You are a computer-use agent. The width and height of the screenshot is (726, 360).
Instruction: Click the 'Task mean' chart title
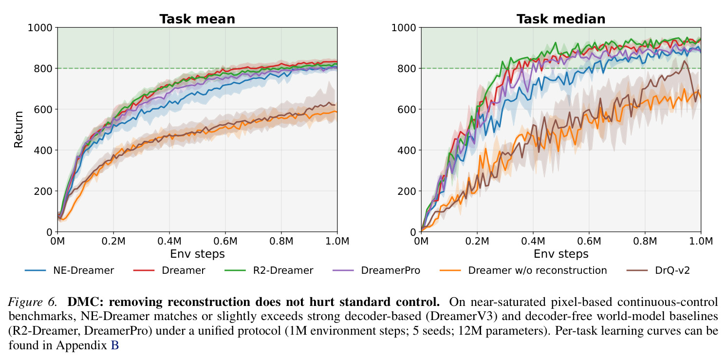click(x=197, y=19)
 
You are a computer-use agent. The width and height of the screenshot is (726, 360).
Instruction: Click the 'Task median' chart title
click(x=561, y=19)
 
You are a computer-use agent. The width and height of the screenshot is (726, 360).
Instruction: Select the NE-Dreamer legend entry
click(x=69, y=270)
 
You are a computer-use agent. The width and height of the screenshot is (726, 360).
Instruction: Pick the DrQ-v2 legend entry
click(x=658, y=270)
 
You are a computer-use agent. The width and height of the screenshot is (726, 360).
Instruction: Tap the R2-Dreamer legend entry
click(x=269, y=270)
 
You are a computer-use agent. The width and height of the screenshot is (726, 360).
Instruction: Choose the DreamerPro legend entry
click(x=376, y=270)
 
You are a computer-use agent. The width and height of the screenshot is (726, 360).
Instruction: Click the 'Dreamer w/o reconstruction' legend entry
click(x=523, y=270)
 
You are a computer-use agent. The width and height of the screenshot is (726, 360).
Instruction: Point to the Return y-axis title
click(x=19, y=130)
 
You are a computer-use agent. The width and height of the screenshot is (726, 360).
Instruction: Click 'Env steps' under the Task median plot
click(x=561, y=254)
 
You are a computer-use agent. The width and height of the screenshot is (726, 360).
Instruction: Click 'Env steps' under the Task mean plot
click(x=197, y=254)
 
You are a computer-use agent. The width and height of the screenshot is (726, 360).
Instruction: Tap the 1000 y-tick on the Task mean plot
click(x=40, y=28)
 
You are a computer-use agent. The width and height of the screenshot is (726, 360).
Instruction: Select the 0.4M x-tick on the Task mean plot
click(x=169, y=241)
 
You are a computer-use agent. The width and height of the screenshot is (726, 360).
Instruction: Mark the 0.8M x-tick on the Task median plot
click(x=645, y=241)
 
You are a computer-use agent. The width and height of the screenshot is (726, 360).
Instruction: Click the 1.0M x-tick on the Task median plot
click(x=701, y=241)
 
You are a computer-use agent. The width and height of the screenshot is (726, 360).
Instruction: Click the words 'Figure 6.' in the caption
click(x=33, y=302)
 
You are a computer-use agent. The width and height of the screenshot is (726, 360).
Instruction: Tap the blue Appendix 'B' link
click(x=115, y=345)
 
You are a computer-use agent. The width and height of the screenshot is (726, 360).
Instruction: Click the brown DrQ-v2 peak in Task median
click(x=684, y=60)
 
